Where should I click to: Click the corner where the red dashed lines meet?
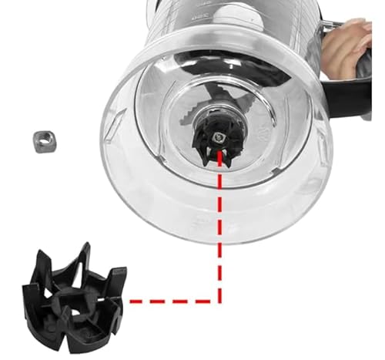(x=221, y=298)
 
